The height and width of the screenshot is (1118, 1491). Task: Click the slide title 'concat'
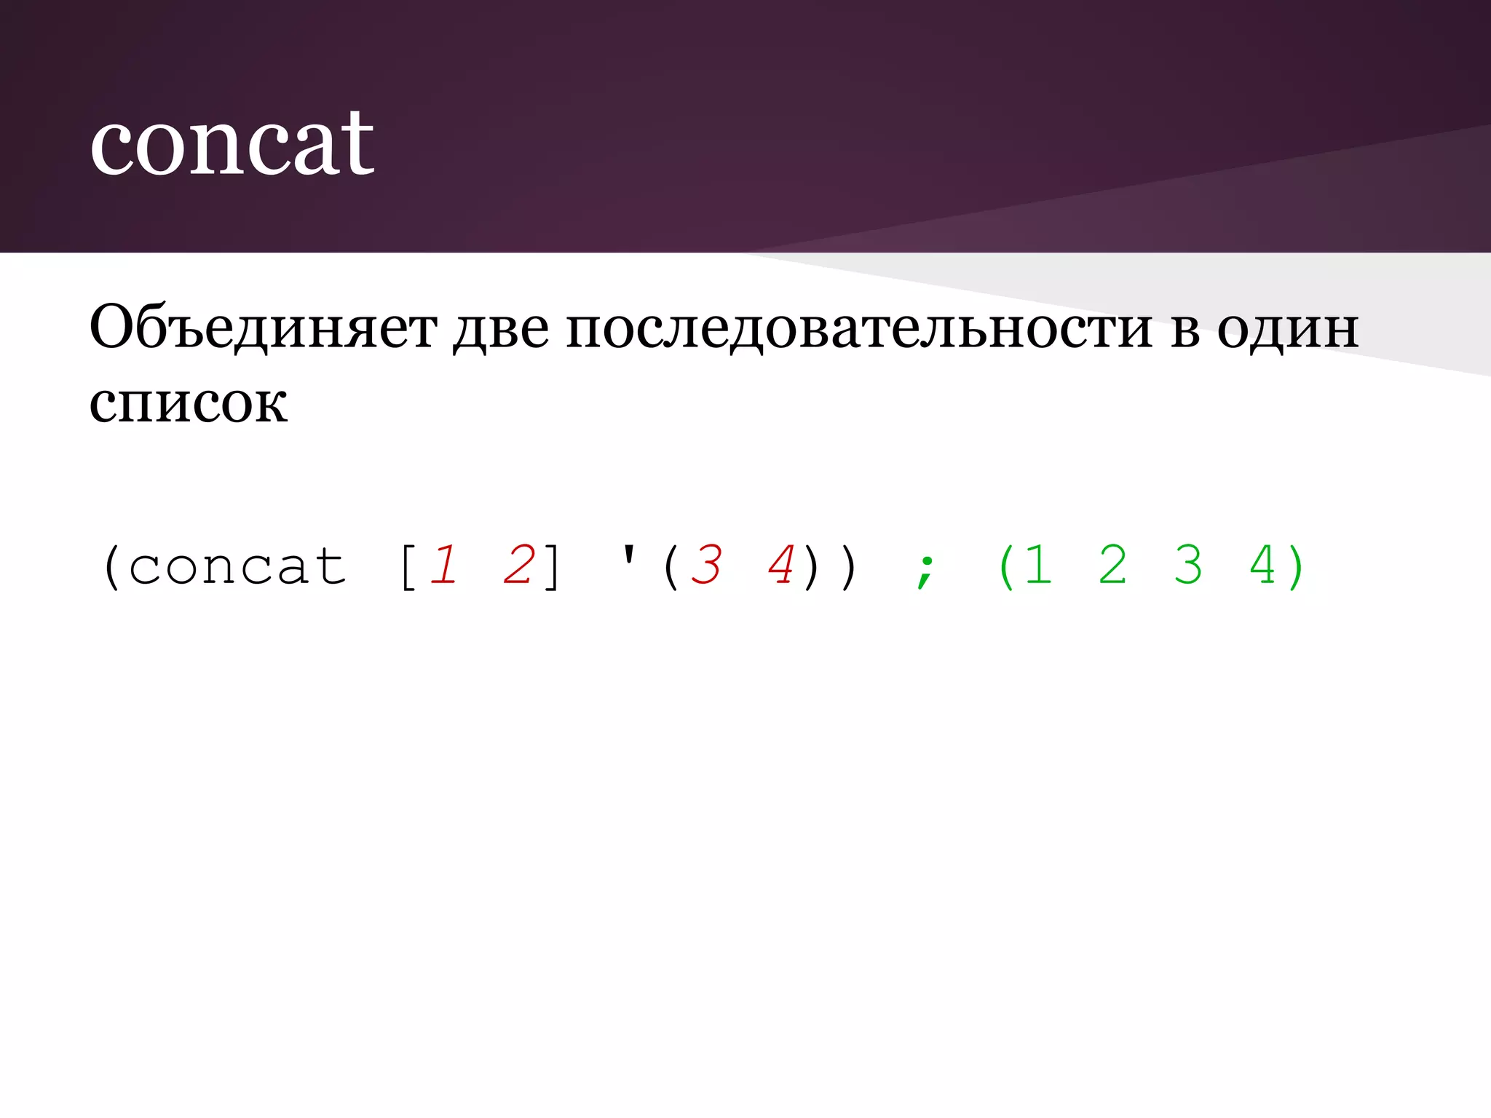pyautogui.click(x=232, y=143)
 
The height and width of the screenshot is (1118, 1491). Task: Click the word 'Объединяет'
pyautogui.click(x=263, y=328)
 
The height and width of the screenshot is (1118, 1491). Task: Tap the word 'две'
pyautogui.click(x=501, y=328)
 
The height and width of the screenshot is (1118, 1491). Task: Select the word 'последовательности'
pyautogui.click(x=859, y=328)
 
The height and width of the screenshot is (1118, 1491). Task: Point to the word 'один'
pyautogui.click(x=1287, y=328)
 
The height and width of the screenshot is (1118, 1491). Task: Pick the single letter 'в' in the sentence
pyautogui.click(x=1185, y=330)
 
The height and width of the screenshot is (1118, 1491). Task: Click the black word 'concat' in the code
pyautogui.click(x=237, y=566)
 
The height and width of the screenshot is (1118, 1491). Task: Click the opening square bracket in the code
pyautogui.click(x=407, y=566)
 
